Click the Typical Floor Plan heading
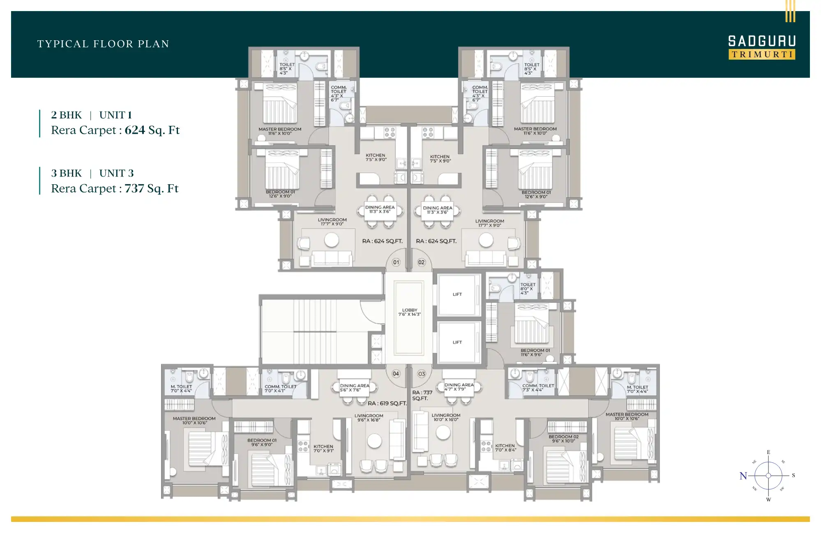[x=103, y=44]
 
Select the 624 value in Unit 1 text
[x=135, y=130]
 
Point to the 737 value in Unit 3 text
[x=134, y=188]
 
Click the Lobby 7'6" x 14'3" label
[x=409, y=312]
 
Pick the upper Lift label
[x=457, y=294]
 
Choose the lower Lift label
[x=457, y=342]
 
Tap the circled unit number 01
[x=396, y=262]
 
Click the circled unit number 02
[x=421, y=262]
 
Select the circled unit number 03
[x=421, y=374]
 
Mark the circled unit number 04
[x=396, y=374]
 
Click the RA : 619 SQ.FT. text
[x=387, y=403]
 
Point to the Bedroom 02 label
[x=563, y=439]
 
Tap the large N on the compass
[x=743, y=476]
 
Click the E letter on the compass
[x=768, y=452]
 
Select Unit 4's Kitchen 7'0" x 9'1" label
[x=323, y=448]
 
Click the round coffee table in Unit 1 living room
[x=331, y=240]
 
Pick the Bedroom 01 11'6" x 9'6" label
[x=535, y=352]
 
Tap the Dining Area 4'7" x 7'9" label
[x=459, y=387]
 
